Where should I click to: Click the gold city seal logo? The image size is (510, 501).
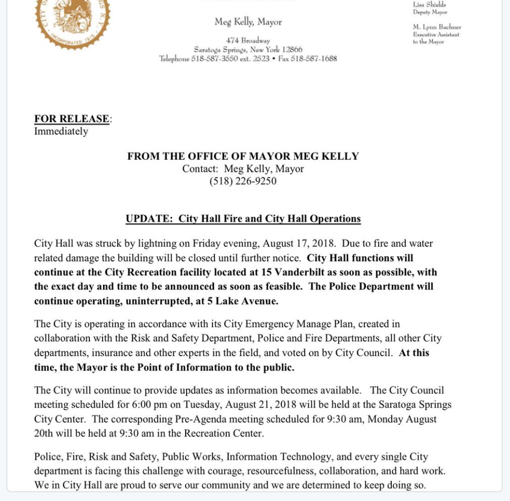(x=72, y=22)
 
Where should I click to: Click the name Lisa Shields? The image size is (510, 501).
(x=429, y=5)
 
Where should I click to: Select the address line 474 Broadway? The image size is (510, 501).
(x=248, y=41)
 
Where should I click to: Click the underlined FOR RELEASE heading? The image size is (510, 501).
(x=72, y=119)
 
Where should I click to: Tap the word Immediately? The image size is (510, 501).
(x=61, y=131)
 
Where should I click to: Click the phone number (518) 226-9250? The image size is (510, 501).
(x=243, y=181)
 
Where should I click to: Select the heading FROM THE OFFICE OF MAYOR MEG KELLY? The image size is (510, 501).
(x=243, y=156)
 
